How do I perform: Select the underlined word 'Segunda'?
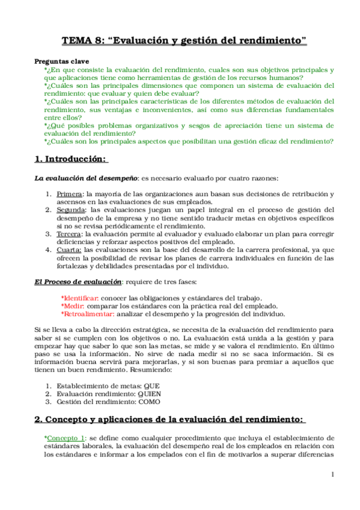(x=71, y=210)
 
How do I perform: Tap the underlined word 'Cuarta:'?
(x=70, y=249)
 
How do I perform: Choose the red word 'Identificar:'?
(x=81, y=298)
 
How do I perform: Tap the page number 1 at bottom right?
(x=332, y=475)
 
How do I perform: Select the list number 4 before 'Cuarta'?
(x=49, y=249)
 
